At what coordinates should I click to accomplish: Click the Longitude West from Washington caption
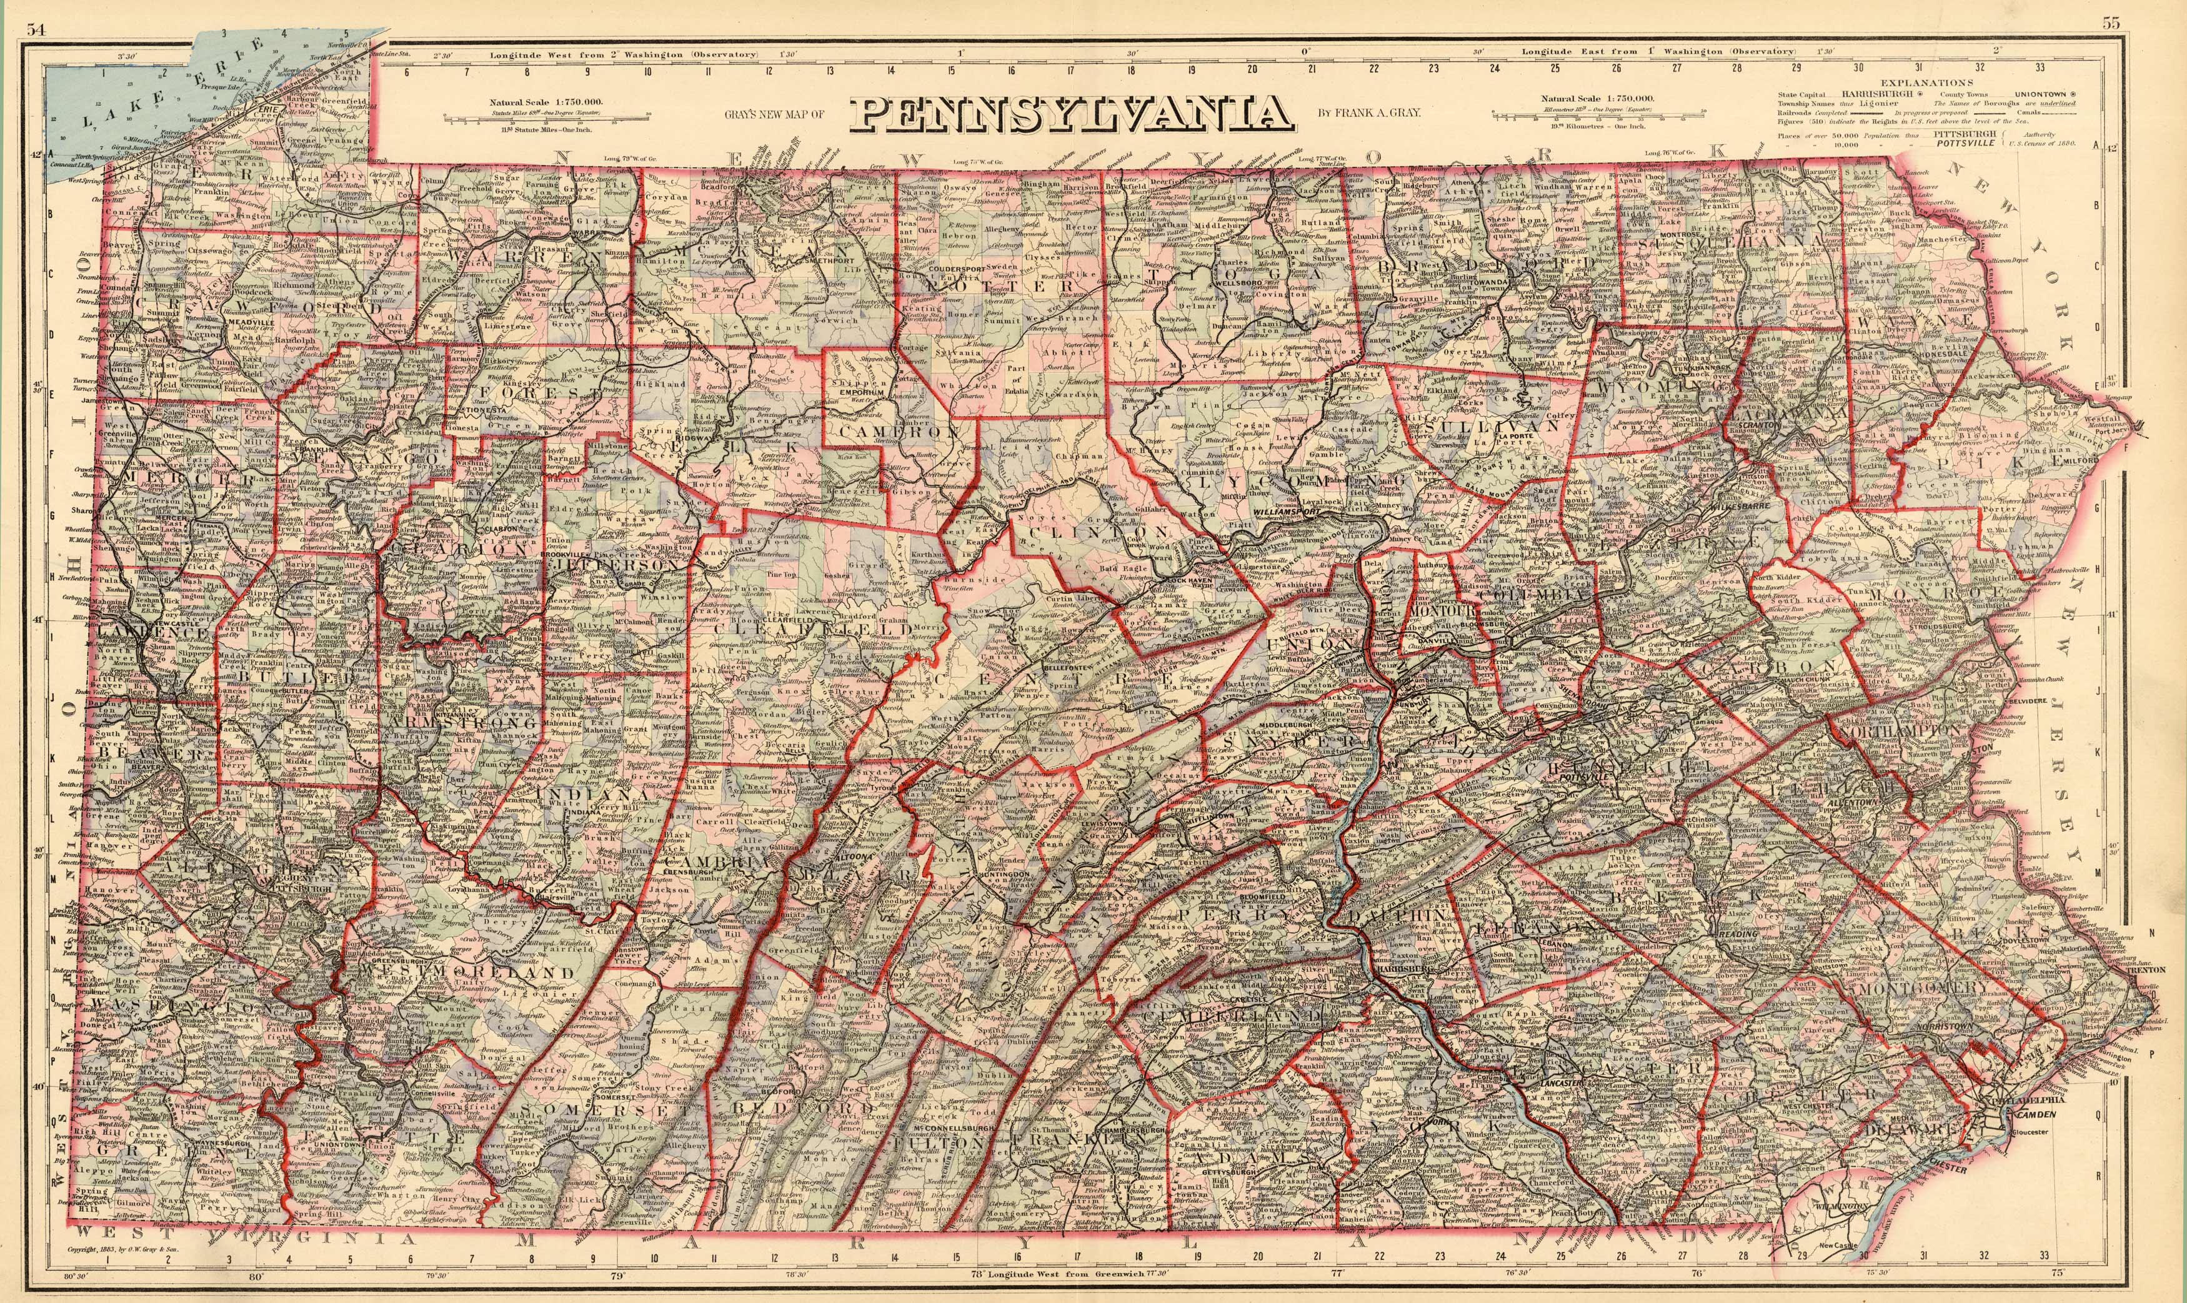(623, 54)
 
